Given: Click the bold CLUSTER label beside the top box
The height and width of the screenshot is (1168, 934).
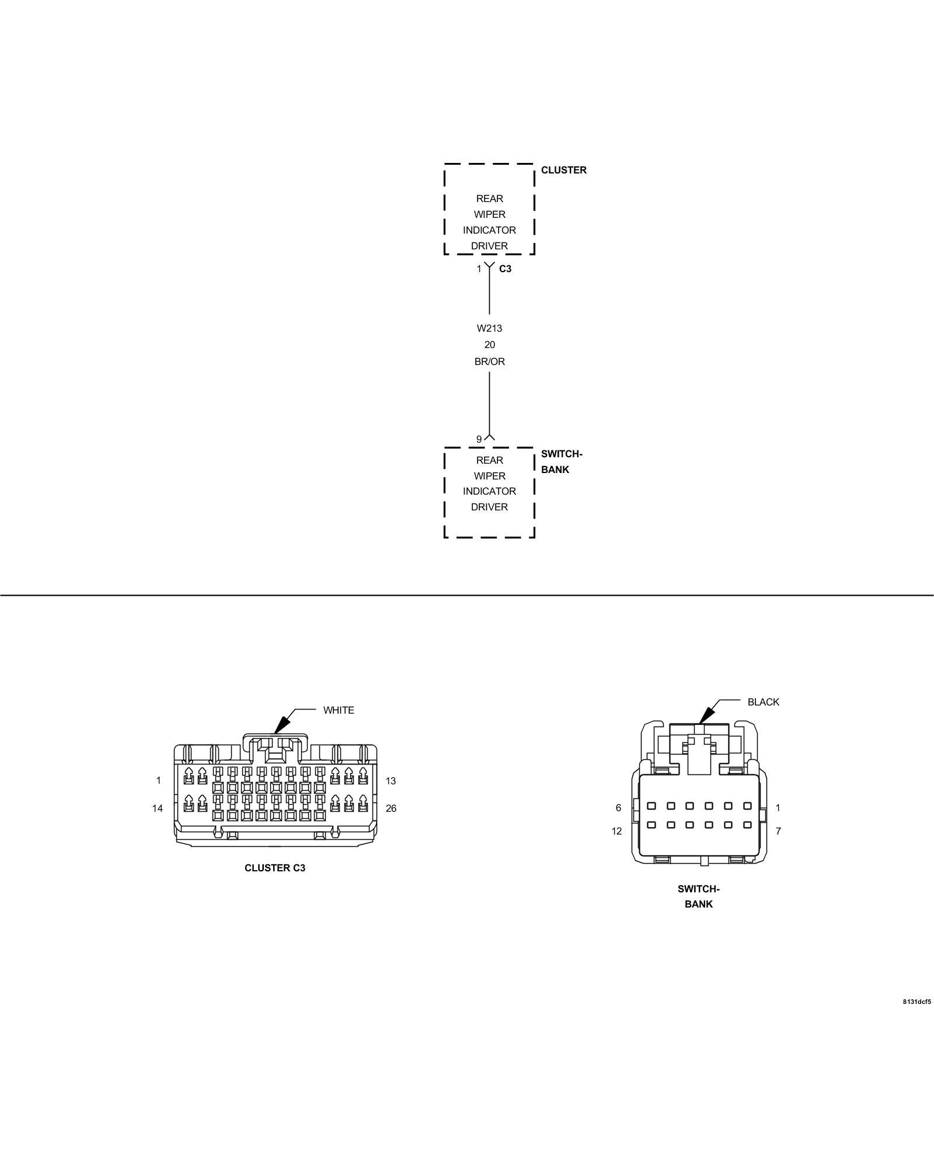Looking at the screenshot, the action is (x=563, y=170).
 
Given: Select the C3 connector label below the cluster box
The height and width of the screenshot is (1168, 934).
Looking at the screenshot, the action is (x=505, y=269).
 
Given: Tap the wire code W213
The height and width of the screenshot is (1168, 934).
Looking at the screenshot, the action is (x=489, y=328).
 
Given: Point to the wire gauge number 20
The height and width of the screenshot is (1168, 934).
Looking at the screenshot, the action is (x=489, y=345).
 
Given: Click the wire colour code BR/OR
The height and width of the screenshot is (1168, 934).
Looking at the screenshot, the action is (x=489, y=361).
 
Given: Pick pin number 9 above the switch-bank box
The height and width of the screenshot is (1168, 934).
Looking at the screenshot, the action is (x=479, y=439).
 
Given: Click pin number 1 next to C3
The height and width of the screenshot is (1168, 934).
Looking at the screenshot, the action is (x=479, y=269).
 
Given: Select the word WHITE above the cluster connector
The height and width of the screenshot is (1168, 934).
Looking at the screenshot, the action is (x=339, y=710).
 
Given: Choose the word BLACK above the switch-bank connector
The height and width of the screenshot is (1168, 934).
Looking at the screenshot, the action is (x=763, y=702).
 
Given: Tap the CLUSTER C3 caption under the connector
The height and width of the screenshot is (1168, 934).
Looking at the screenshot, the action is (x=275, y=868).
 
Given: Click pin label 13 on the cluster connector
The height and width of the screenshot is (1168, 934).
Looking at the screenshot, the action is (x=391, y=781).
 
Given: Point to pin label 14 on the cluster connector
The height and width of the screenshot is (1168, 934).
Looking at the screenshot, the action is (x=158, y=808).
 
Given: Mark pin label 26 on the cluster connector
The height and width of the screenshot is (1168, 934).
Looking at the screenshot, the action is (x=391, y=808).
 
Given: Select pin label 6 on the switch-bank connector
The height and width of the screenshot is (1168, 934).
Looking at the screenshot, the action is (x=618, y=808).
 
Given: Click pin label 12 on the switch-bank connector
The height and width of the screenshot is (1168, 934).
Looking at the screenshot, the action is (x=617, y=831).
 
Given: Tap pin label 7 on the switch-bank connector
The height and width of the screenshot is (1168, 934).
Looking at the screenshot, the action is (x=778, y=831).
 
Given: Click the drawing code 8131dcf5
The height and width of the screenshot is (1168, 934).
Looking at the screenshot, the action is (x=916, y=1002).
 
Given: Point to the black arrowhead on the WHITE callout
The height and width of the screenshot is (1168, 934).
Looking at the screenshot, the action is (x=282, y=724).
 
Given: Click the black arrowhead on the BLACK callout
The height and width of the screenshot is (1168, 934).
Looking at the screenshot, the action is (x=707, y=715).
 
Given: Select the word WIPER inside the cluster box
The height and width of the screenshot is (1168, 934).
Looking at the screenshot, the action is (x=489, y=214).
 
